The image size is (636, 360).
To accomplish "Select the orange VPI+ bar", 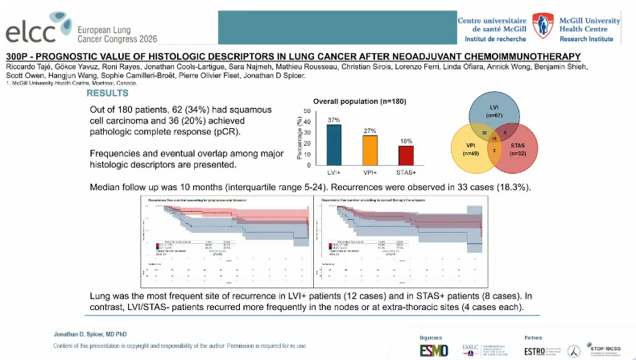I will click(370, 150).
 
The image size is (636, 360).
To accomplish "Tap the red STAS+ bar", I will click(407, 154).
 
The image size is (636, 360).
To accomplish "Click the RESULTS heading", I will click(112, 93).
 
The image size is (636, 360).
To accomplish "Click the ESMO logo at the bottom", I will click(436, 350).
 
